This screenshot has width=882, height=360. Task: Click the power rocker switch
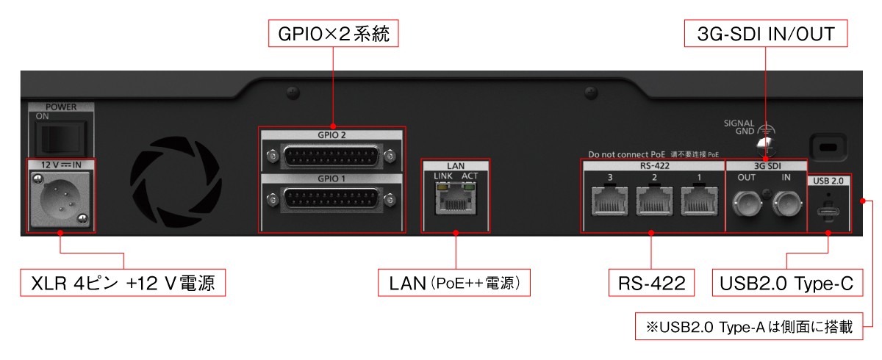[59, 137]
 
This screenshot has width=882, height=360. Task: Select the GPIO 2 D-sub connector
[331, 155]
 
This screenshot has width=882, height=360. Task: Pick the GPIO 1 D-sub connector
[331, 198]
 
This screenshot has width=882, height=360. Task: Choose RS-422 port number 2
[654, 200]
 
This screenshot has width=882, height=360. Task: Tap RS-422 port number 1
[698, 200]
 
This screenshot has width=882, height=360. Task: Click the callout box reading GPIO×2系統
[333, 34]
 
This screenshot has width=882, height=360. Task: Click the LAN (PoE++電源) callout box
[455, 283]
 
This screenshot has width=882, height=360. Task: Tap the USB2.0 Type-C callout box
[787, 283]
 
